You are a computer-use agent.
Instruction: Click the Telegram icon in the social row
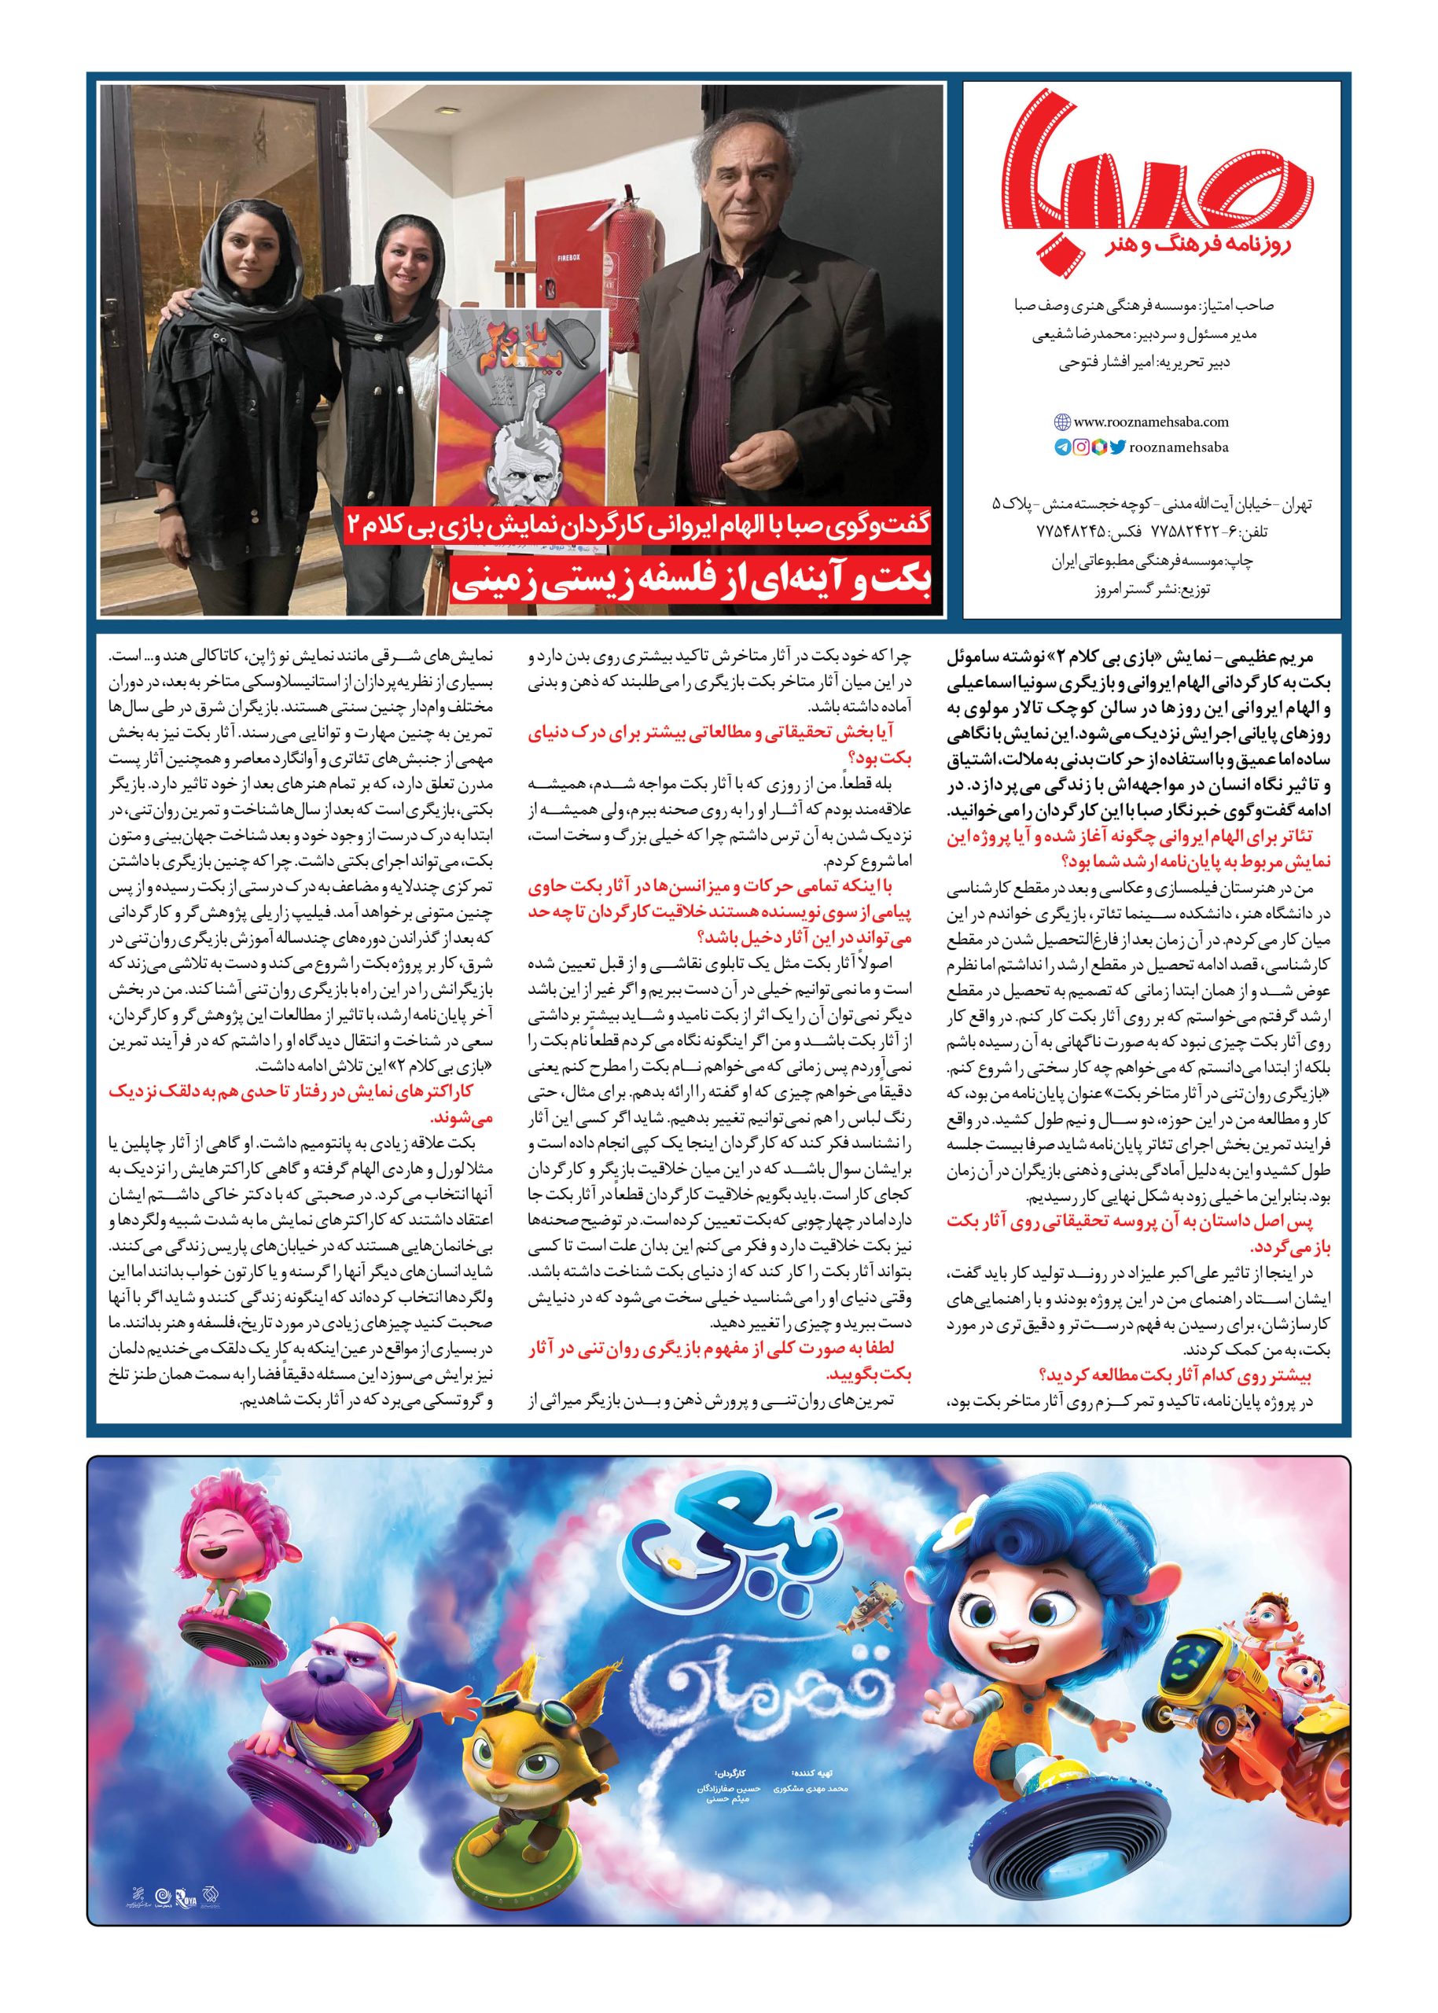[x=1061, y=448]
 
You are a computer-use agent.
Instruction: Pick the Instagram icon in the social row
[x=1081, y=448]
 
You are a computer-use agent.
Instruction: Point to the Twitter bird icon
[x=1118, y=448]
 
